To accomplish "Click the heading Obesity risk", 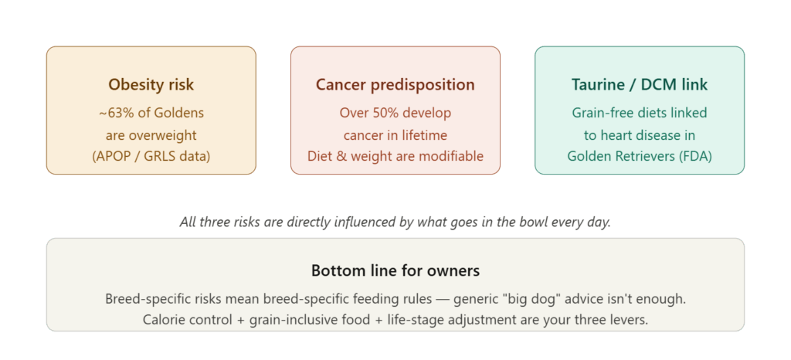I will (x=151, y=84).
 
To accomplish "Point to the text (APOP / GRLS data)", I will (x=151, y=156).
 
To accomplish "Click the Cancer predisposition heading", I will (x=395, y=84).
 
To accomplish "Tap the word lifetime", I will (x=423, y=134).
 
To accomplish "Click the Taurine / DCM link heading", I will (x=639, y=84).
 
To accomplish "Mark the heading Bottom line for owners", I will (x=395, y=270).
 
